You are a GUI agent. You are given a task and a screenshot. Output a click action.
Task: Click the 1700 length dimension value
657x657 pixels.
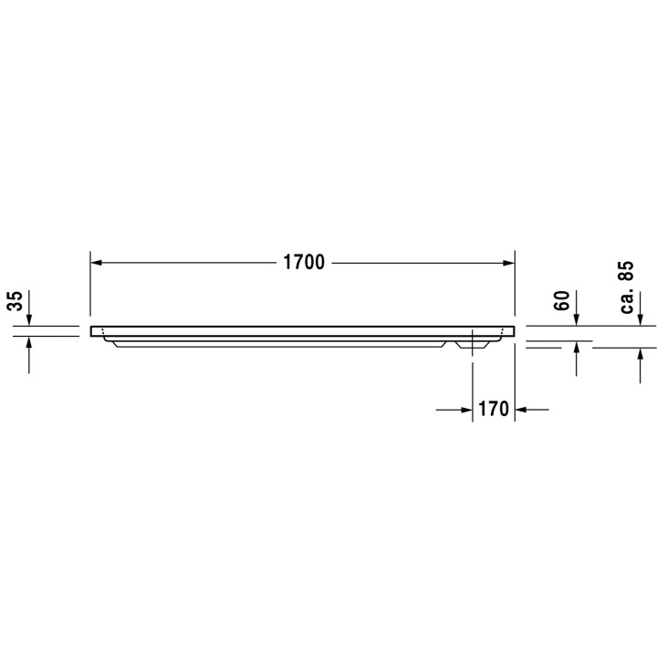pos(304,263)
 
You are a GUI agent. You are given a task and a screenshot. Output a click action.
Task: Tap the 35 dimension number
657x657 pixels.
pos(16,301)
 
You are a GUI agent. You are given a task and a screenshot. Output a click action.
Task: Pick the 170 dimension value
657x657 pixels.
pos(493,410)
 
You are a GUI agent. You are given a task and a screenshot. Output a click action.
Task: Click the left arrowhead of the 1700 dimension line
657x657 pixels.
pos(96,263)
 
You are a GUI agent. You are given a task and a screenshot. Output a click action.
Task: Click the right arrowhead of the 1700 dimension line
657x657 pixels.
pos(509,263)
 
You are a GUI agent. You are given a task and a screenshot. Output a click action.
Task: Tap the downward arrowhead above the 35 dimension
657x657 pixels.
pos(29,319)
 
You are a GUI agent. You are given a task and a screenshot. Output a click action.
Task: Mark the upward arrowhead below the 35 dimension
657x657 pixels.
pos(29,342)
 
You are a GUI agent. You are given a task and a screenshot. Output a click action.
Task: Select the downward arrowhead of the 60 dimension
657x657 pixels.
pos(577,319)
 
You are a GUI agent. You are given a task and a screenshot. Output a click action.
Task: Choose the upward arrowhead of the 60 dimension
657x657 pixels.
pos(577,348)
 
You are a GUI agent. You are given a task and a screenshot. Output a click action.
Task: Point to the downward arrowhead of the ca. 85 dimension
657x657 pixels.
pos(640,319)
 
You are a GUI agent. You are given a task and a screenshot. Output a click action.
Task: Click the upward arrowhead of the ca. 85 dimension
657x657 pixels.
pos(640,354)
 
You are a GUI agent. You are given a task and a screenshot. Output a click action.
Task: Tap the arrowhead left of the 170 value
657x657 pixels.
pos(466,410)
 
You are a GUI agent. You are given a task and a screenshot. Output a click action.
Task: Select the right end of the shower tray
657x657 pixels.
pos(512,331)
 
